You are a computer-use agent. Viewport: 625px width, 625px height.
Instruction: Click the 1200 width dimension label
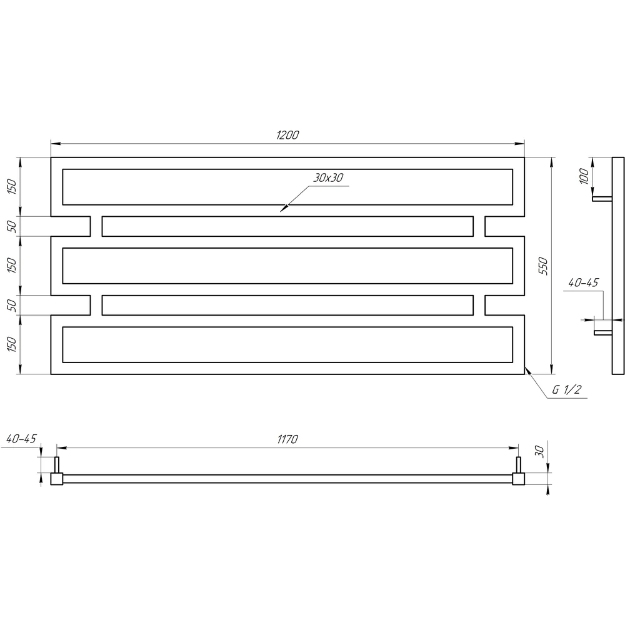[287, 135]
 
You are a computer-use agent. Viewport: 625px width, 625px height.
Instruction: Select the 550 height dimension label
[543, 266]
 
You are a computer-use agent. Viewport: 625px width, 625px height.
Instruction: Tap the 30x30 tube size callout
[328, 177]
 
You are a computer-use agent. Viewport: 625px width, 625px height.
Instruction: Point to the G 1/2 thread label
[567, 389]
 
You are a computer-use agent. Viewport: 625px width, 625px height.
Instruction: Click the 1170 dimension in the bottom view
[287, 439]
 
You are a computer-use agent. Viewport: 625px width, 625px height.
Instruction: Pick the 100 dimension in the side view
[584, 176]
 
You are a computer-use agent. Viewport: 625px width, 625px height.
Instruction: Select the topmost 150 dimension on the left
[12, 186]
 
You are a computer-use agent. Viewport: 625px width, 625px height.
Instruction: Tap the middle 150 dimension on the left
[12, 266]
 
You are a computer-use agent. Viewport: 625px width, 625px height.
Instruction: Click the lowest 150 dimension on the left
[12, 344]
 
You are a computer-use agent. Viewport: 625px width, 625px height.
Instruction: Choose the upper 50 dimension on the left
[12, 226]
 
